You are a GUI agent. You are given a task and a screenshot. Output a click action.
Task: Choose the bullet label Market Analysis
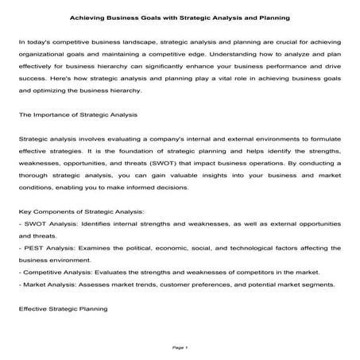click(x=48, y=284)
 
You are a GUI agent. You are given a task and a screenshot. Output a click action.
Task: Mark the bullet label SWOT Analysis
click(x=47, y=225)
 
